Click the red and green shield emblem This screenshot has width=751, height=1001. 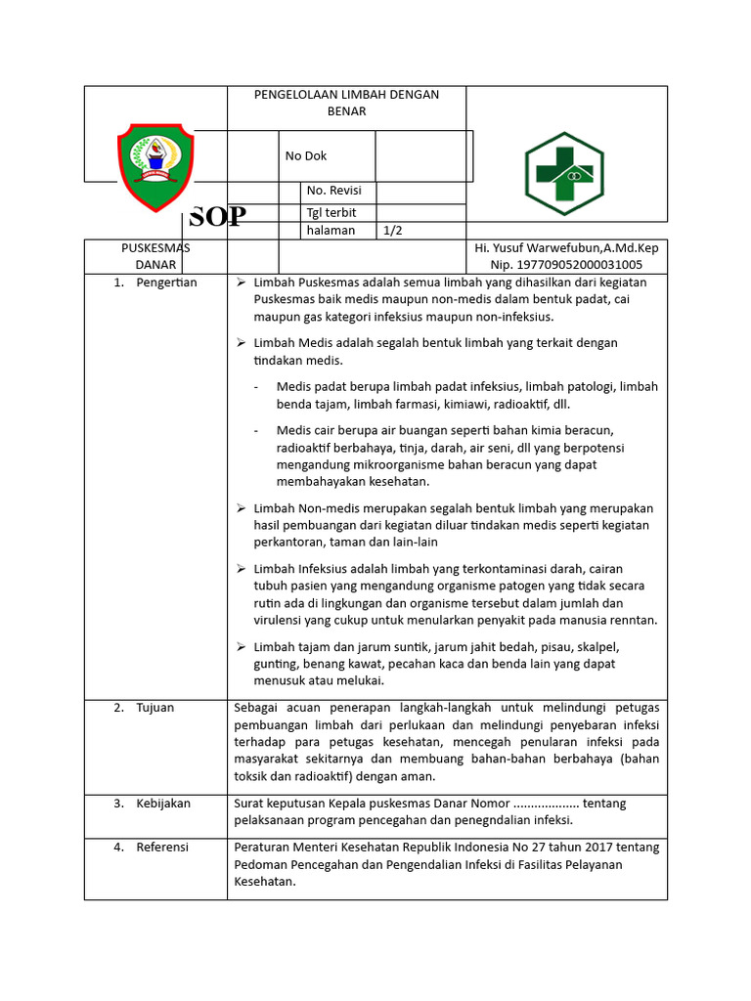pos(155,167)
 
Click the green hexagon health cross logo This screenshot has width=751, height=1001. pos(564,174)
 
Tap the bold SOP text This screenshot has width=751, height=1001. pos(217,217)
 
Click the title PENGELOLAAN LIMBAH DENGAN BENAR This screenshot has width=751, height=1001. pos(346,103)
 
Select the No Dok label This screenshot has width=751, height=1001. pos(305,155)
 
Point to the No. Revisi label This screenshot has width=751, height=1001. pos(333,191)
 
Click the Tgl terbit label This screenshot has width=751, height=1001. pos(331,212)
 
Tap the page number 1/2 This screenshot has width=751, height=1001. pos(393,231)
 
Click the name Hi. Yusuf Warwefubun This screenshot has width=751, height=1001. pos(566,248)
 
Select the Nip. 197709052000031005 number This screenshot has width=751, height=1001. pos(566,264)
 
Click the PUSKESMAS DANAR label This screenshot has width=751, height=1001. pos(155,256)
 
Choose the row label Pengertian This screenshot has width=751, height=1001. pos(166,283)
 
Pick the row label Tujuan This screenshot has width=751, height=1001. pos(155,707)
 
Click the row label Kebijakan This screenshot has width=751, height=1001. pos(163,803)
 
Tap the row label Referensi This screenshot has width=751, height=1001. pos(162,847)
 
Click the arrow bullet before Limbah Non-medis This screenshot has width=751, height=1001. pos(241,508)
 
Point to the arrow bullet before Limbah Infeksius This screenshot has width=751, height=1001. pos(241,568)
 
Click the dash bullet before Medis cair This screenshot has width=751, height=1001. pos(256,430)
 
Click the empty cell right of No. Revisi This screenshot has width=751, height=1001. pos(420,191)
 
